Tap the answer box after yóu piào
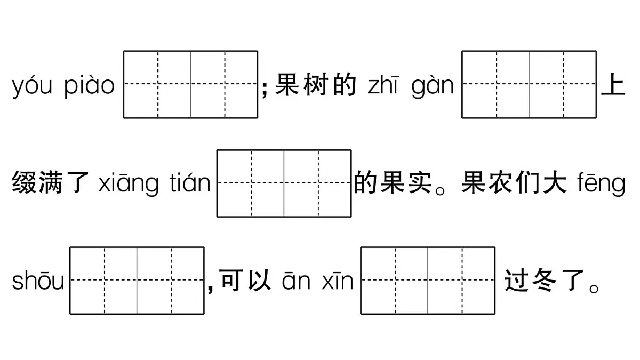pos(190,84)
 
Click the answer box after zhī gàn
pos(529,84)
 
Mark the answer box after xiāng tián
pos(284,183)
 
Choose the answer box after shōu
pos(137,281)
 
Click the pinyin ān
pos(296,282)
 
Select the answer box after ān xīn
pos(428,281)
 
